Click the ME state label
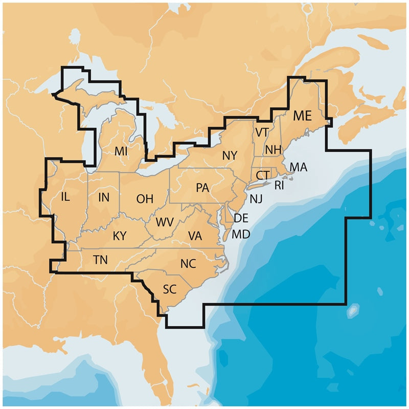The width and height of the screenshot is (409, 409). click(x=302, y=116)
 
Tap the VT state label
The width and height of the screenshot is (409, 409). click(x=262, y=132)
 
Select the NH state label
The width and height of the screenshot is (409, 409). click(x=274, y=150)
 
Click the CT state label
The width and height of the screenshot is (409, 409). click(x=263, y=175)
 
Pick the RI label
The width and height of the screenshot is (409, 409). click(x=279, y=185)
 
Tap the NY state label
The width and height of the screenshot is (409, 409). click(x=230, y=155)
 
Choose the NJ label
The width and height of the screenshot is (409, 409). click(x=256, y=198)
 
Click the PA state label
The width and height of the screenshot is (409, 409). click(x=202, y=188)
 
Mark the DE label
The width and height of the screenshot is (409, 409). click(x=241, y=218)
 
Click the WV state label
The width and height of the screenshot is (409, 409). click(x=164, y=222)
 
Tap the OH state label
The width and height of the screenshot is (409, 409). click(x=145, y=199)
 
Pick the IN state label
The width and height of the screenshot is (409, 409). click(x=104, y=196)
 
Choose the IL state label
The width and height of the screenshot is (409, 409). click(x=65, y=196)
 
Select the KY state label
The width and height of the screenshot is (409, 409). click(x=120, y=236)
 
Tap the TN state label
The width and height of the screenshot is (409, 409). click(x=101, y=260)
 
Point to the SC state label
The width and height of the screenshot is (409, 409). click(x=169, y=289)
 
